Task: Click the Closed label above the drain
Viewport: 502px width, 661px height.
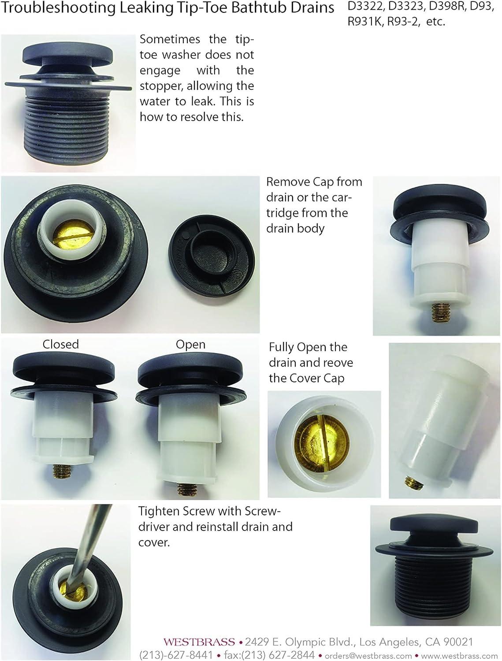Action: coord(60,344)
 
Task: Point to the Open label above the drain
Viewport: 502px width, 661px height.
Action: coord(190,344)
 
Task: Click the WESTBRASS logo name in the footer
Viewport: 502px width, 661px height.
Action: coord(199,642)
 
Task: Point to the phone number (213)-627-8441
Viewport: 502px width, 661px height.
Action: coord(176,655)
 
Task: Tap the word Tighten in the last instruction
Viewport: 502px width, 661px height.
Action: coord(158,512)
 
